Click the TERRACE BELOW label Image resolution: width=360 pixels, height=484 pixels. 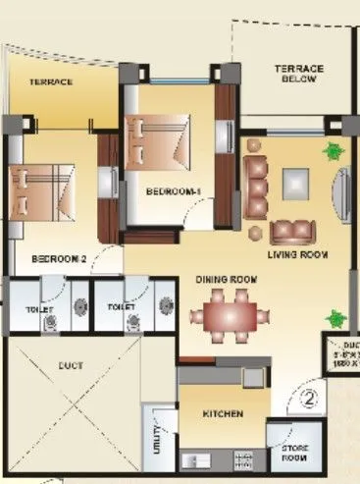(295, 74)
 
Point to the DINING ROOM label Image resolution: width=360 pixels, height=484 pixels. (226, 280)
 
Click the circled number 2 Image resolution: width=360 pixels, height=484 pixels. (309, 400)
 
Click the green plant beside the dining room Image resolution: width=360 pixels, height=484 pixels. (336, 319)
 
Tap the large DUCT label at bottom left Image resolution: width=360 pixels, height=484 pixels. (70, 365)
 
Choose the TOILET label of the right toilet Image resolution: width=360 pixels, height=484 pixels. (121, 307)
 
